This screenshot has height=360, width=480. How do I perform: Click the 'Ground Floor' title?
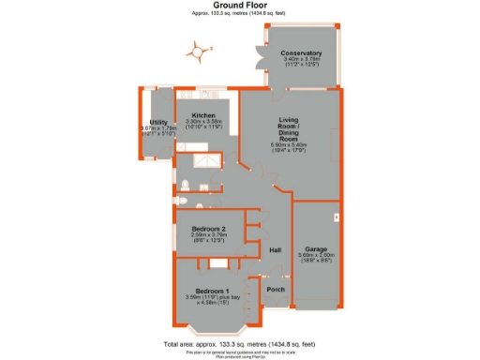[x=239, y=6]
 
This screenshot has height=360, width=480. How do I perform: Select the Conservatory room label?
[x=302, y=53]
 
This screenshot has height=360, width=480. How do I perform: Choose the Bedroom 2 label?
[x=208, y=229]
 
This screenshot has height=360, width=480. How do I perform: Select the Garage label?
[x=315, y=248]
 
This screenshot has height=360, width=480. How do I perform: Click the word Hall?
[x=276, y=251]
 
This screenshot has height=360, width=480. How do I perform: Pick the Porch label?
[x=276, y=290]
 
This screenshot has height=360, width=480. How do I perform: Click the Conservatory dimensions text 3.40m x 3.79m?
[x=302, y=60]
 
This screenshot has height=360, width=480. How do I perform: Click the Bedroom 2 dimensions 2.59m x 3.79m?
[x=208, y=235]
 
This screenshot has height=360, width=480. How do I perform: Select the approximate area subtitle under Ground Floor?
[x=239, y=14]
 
